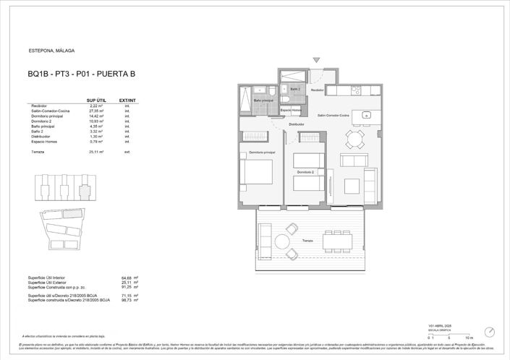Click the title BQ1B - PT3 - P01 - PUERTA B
(81, 73)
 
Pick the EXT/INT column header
(127, 100)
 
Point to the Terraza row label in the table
(37, 152)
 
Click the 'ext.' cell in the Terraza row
(127, 152)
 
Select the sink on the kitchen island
(367, 115)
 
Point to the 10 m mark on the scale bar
(469, 338)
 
